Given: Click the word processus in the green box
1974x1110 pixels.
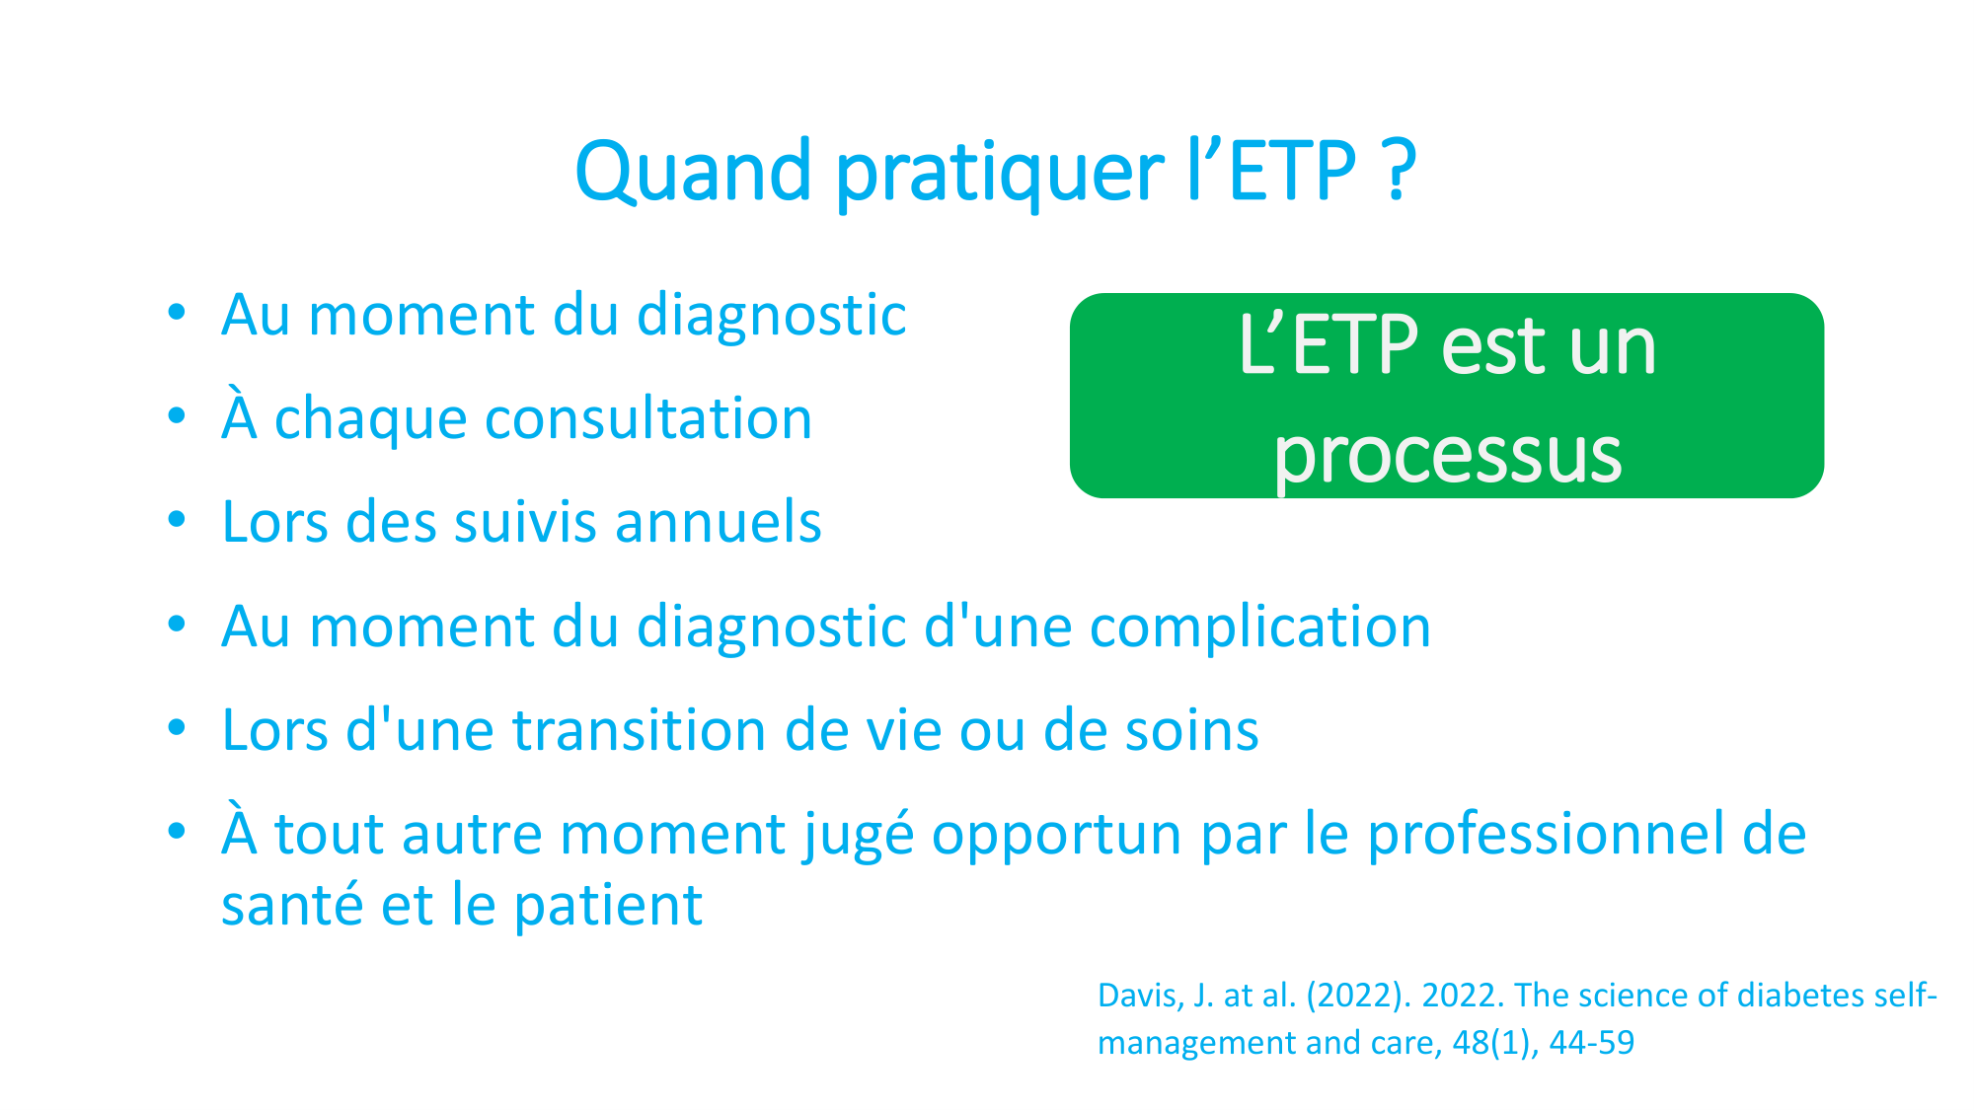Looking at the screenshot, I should coord(1447,454).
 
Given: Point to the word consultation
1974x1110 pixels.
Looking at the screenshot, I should coord(648,418).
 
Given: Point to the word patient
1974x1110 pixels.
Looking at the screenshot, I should coord(608,905).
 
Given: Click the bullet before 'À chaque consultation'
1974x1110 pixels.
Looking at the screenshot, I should coord(177,416).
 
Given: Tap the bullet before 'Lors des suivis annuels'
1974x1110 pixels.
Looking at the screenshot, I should coord(177,520).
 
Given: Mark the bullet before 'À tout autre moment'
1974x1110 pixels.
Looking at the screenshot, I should coord(177,832).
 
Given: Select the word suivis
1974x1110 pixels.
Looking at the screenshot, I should coord(524,522).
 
